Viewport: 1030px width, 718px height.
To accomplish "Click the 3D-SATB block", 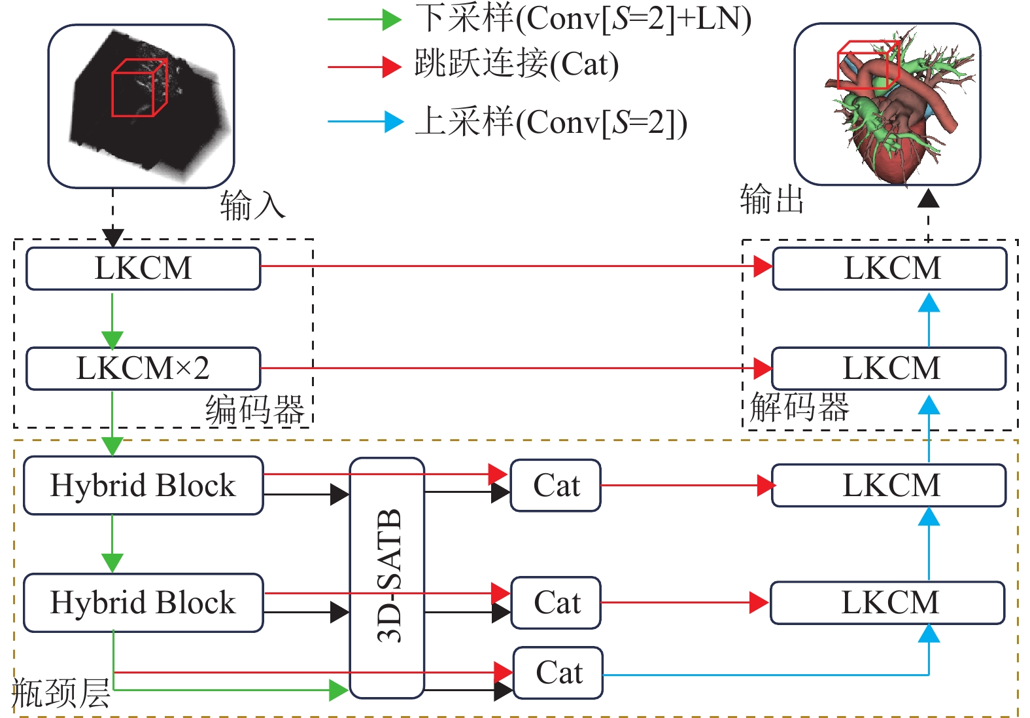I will click(387, 577).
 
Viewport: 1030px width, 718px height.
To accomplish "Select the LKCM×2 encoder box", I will click(143, 368).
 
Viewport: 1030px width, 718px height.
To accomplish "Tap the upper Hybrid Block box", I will click(143, 485).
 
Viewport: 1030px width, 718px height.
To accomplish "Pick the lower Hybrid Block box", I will click(143, 602).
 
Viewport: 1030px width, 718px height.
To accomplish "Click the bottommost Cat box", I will click(558, 673).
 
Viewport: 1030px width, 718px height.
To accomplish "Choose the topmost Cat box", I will click(556, 485).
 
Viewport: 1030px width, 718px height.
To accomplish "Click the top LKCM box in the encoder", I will click(143, 268).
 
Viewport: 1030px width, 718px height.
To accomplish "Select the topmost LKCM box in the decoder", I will click(890, 268).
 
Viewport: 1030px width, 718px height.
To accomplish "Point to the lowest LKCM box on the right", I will click(888, 602).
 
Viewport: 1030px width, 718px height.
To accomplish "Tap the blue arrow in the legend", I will click(366, 122).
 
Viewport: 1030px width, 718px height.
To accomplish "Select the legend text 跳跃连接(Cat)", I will click(517, 64).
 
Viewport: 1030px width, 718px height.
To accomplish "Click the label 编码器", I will click(255, 410).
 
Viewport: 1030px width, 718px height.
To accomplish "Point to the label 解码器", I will click(799, 407).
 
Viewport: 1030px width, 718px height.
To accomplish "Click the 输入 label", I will click(252, 205).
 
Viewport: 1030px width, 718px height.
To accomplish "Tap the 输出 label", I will click(772, 199).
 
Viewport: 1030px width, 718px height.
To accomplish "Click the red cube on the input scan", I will click(139, 88).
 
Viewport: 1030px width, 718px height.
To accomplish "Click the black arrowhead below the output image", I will click(928, 198).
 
